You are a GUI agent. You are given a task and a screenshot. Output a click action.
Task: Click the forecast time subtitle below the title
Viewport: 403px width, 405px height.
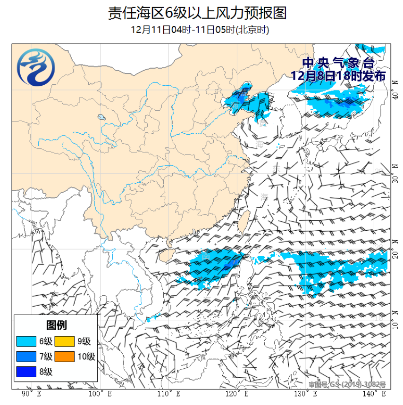(200, 30)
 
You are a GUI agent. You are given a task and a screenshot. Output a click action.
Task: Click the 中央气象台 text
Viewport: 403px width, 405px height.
(338, 63)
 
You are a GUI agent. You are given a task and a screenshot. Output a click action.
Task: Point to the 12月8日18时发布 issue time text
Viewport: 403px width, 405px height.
(338, 75)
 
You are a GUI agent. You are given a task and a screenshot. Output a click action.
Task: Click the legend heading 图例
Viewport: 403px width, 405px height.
(56, 325)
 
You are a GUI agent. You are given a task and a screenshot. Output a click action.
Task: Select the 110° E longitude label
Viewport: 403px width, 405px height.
(168, 393)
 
